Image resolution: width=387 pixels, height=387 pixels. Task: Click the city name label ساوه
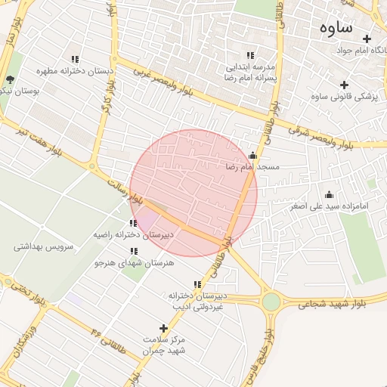336,28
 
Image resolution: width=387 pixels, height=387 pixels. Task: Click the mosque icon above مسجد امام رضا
252,155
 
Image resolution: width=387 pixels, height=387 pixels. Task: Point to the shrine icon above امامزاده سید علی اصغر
328,194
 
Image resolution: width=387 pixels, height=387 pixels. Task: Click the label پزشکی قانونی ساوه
345,97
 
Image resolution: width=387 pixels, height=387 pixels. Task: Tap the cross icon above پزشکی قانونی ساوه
345,85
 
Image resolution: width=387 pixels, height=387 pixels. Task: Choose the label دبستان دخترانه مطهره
75,71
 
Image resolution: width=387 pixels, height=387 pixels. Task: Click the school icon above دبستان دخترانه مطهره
75,59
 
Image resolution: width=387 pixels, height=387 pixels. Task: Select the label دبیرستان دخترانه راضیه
133,235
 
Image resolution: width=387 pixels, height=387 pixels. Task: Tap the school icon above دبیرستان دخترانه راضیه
133,223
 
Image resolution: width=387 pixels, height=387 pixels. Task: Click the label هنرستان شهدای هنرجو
134,263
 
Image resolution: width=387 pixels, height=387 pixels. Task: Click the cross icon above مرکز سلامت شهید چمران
164,328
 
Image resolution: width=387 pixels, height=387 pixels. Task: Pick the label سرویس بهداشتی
43,247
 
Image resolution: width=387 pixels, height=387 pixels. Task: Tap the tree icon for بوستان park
10,79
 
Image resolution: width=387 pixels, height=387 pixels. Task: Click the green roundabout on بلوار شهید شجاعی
271,302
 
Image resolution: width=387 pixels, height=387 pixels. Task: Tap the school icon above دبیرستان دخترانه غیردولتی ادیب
197,285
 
